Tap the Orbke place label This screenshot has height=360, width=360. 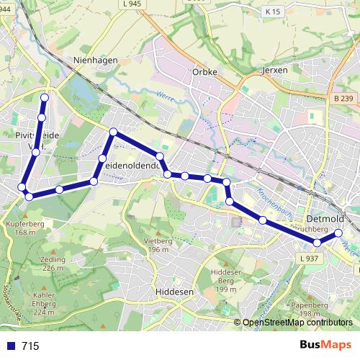204,72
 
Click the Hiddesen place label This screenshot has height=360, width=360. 174,292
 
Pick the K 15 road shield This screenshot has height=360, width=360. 271,12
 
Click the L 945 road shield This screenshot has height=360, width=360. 132,4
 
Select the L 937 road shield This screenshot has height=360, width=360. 307,258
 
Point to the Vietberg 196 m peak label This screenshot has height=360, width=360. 158,246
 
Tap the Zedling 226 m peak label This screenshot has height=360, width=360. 53,264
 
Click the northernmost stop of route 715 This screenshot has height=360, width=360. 45,98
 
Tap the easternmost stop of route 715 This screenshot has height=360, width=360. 338,233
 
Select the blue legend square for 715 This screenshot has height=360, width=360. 10,346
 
